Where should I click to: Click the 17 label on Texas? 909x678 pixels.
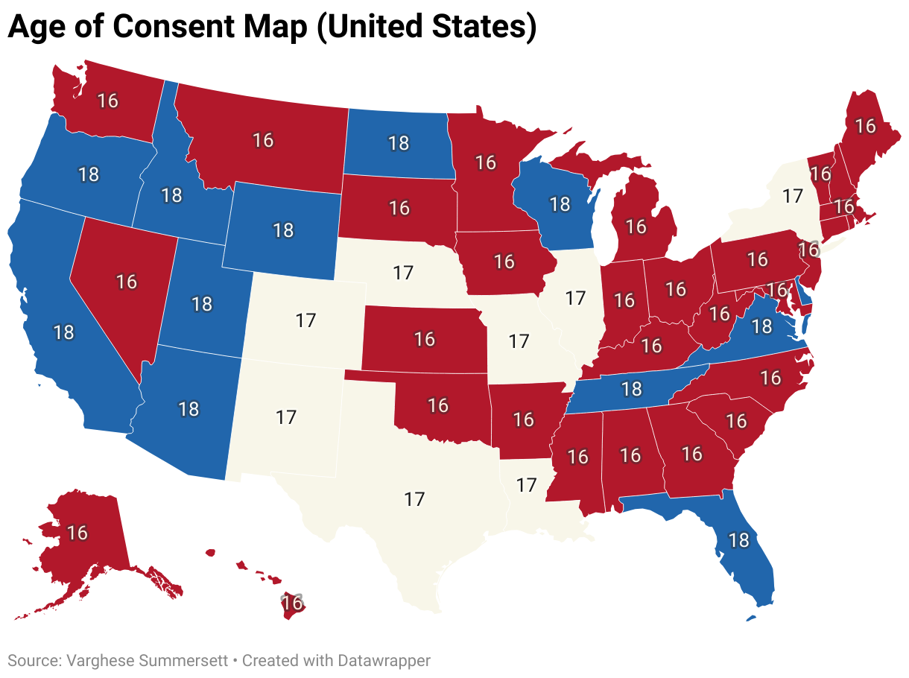pyautogui.click(x=414, y=499)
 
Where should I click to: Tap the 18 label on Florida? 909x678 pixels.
pyautogui.click(x=738, y=540)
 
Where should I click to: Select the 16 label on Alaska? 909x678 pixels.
pyautogui.click(x=77, y=533)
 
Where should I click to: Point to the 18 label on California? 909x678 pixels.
pyautogui.click(x=64, y=332)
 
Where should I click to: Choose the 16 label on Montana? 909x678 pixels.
pyautogui.click(x=263, y=139)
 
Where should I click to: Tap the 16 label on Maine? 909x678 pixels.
pyautogui.click(x=865, y=126)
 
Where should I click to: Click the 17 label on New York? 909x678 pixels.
pyautogui.click(x=793, y=197)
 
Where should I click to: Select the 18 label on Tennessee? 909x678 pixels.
pyautogui.click(x=631, y=388)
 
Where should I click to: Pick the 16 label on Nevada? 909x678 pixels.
pyautogui.click(x=127, y=282)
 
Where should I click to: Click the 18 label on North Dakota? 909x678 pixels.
pyautogui.click(x=399, y=143)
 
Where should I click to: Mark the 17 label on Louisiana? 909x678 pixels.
pyautogui.click(x=527, y=485)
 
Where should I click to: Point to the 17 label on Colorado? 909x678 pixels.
pyautogui.click(x=305, y=321)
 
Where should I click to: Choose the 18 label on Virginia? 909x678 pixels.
pyautogui.click(x=761, y=326)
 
